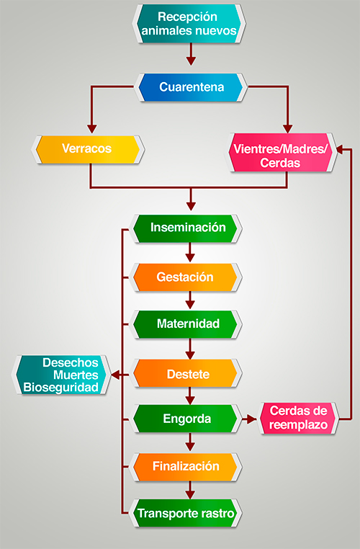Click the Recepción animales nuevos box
click(189, 24)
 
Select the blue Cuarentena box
click(191, 87)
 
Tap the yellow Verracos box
click(88, 149)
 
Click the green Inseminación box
click(187, 228)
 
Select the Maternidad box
click(187, 324)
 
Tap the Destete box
click(187, 373)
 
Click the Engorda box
click(187, 419)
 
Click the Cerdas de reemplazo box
click(298, 419)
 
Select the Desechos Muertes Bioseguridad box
click(62, 375)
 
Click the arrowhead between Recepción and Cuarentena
click(191, 61)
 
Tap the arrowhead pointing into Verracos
click(92, 128)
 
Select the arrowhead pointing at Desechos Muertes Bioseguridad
click(116, 375)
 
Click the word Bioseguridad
click(61, 388)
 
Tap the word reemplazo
click(298, 425)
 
